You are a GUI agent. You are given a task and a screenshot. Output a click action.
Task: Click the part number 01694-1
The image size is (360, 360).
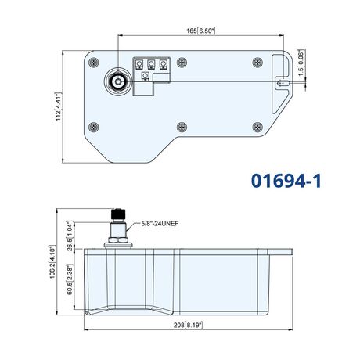tap(286, 181)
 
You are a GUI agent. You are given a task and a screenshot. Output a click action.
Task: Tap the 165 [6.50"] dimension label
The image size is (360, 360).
tap(201, 31)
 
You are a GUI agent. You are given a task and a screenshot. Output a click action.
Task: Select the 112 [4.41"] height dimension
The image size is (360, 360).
tap(58, 106)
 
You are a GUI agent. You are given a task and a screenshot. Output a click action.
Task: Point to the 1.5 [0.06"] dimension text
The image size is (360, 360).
tap(301, 63)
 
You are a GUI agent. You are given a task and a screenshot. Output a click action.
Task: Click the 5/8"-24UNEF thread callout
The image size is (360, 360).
tap(160, 224)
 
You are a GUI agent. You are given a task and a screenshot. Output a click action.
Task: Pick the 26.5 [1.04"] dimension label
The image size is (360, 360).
tap(70, 236)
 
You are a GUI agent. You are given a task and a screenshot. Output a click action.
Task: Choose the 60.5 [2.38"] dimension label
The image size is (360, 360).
tap(70, 279)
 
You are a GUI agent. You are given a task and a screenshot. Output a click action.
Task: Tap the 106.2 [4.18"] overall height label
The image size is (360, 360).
tap(52, 261)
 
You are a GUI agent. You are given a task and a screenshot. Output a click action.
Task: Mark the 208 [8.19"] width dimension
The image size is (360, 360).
tap(188, 325)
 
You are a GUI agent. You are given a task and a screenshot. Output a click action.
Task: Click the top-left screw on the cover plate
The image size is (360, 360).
tap(94, 63)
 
